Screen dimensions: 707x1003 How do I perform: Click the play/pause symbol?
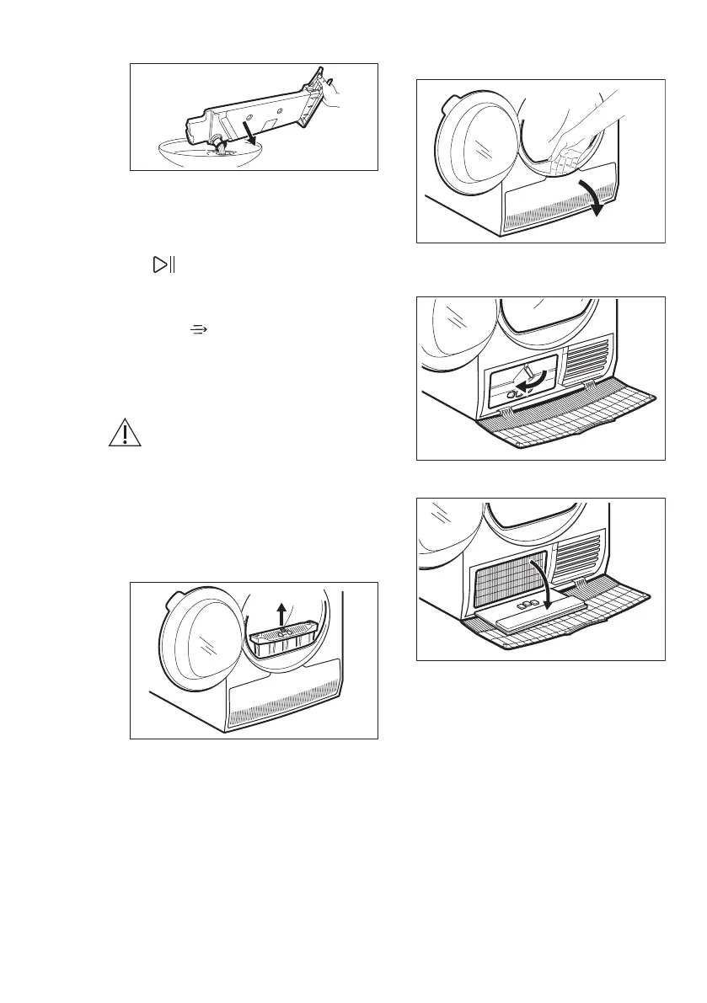161,266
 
